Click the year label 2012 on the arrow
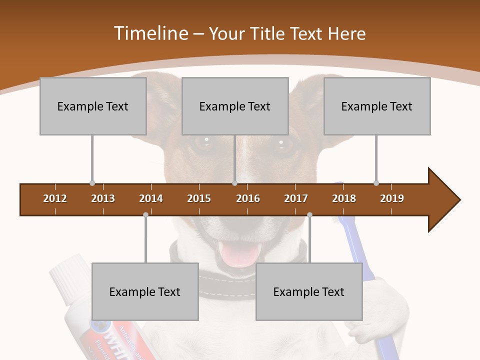coord(55,198)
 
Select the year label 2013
coord(103,198)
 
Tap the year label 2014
coord(151,198)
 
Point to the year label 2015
coord(199,198)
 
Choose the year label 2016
coord(248,198)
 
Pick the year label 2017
coord(296,198)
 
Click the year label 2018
coord(344,198)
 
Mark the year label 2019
coord(392,198)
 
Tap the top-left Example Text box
coord(93,106)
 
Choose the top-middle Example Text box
coord(235,106)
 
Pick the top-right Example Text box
coord(377,106)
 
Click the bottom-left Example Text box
coord(145,291)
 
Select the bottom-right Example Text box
coord(309,291)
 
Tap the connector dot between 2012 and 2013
coord(92,183)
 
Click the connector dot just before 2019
coord(376,183)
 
